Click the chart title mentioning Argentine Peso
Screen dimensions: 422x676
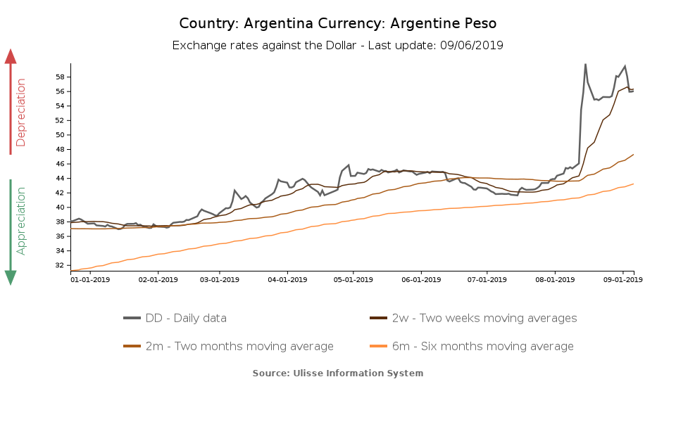(x=337, y=23)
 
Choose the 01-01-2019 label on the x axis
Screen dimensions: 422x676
(x=91, y=280)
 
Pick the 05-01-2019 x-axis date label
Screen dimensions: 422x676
(x=353, y=280)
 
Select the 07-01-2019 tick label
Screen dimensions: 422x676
(x=487, y=280)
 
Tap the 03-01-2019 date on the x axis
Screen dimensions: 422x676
(x=219, y=280)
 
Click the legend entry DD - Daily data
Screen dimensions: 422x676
(x=175, y=318)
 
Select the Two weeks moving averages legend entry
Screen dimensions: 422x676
(x=473, y=318)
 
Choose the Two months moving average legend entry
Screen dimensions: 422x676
(x=228, y=346)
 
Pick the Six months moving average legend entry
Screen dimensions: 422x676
(x=471, y=346)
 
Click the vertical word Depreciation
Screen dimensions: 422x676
(x=21, y=113)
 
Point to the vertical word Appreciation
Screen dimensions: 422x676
(x=21, y=220)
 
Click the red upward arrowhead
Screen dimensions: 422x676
(x=11, y=56)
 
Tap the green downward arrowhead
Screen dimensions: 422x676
(x=11, y=277)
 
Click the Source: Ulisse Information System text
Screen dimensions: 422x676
(x=338, y=373)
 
